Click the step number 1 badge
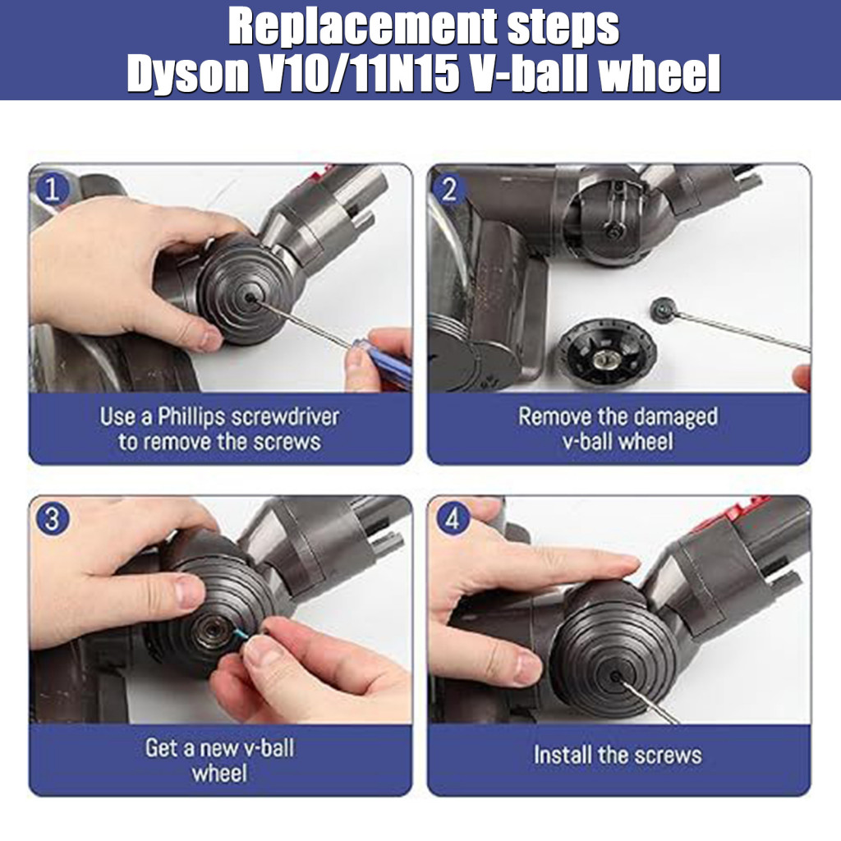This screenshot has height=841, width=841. coord(53,190)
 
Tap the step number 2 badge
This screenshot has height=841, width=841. coord(449,190)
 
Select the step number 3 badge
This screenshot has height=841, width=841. coord(53,520)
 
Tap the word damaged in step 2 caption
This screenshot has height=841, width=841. coord(665,416)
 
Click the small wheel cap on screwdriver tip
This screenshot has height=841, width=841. coord(662,308)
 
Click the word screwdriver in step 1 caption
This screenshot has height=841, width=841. coord(285,416)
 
